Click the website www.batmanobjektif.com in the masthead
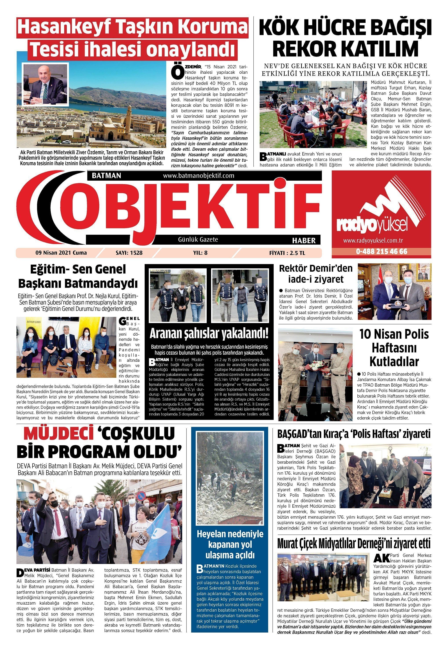(198, 176)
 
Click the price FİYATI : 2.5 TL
(287, 253)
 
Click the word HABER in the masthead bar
(304, 240)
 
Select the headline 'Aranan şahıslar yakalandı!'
(209, 334)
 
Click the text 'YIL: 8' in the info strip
(200, 253)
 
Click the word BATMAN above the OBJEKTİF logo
(106, 176)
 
